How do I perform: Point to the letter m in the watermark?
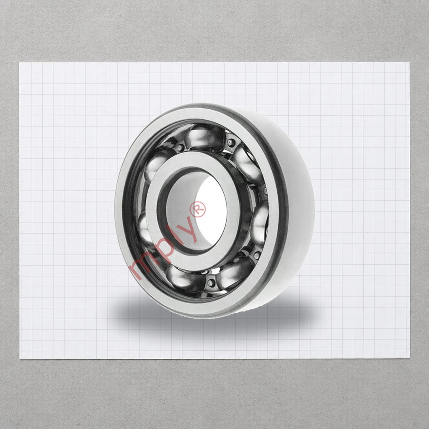pyautogui.click(x=140, y=267)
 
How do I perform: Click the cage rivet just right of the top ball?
pyautogui.click(x=231, y=142)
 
